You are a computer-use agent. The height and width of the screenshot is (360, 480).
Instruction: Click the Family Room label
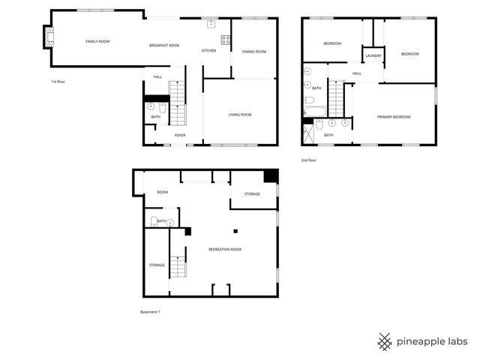97,41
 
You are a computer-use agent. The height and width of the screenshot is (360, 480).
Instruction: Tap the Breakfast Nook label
164,46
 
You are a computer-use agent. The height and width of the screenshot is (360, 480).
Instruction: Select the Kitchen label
209,50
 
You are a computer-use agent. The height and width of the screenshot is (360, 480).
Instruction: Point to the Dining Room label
254,52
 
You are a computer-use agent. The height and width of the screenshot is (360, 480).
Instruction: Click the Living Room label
240,114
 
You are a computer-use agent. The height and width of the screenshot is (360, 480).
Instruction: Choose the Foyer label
180,135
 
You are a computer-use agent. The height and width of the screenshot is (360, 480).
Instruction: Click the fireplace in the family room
49,37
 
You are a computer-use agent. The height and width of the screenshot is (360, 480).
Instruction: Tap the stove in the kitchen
224,40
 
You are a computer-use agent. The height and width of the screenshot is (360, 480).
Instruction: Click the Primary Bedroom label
394,116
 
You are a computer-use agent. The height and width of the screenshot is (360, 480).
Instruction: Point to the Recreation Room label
225,249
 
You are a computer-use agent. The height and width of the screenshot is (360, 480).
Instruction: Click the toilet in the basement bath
154,221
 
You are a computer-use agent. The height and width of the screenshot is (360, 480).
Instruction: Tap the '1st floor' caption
58,81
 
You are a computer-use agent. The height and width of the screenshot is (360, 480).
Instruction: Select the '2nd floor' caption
308,160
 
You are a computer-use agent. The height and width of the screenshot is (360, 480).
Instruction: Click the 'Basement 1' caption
151,311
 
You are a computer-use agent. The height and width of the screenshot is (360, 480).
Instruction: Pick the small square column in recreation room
235,231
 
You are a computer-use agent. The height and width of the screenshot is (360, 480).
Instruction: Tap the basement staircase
178,266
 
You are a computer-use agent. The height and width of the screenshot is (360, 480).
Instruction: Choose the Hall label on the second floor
357,73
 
